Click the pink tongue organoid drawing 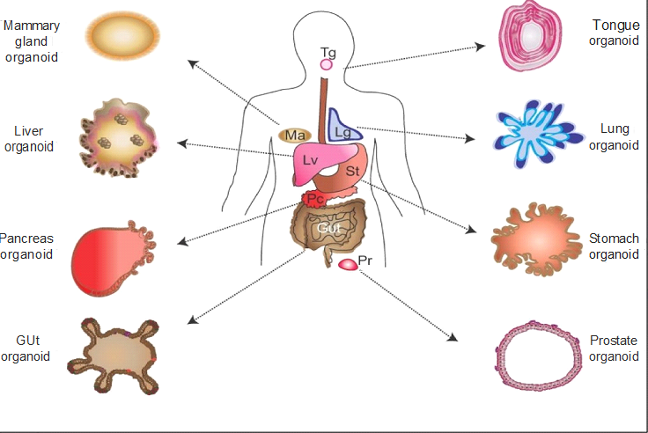[532, 36]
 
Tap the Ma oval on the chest [295, 135]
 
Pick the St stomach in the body [348, 173]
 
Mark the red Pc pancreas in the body [315, 199]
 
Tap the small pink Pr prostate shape [350, 263]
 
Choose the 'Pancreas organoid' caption [26, 246]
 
